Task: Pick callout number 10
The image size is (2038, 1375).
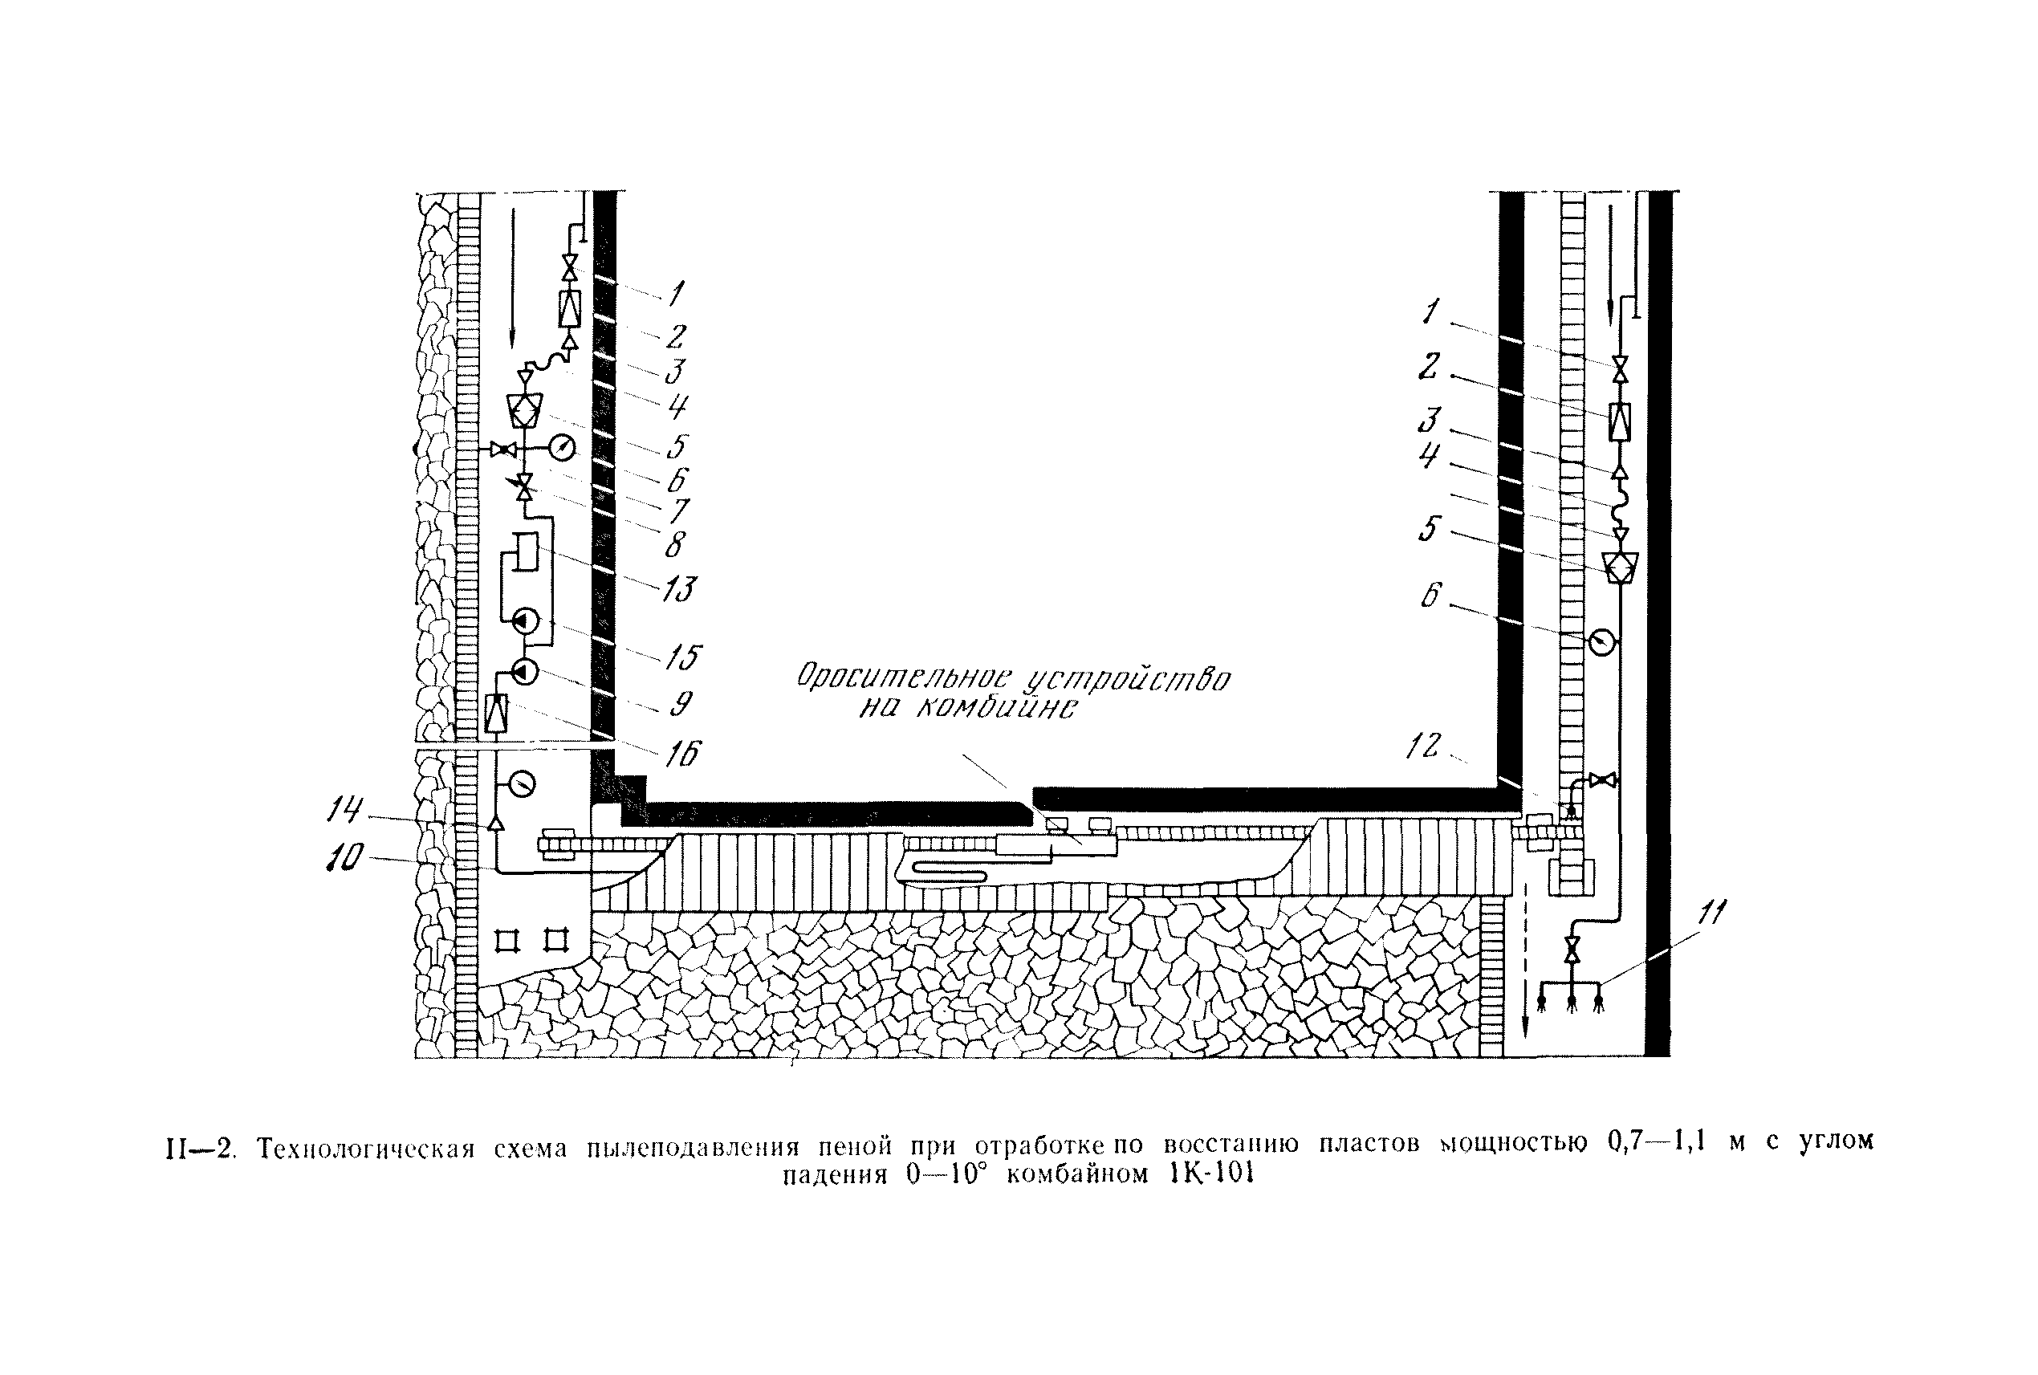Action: pyautogui.click(x=344, y=857)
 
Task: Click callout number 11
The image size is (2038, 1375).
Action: pyautogui.click(x=1710, y=913)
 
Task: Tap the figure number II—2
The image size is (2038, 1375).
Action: pyautogui.click(x=200, y=1148)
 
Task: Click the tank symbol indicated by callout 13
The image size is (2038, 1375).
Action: pyautogui.click(x=524, y=551)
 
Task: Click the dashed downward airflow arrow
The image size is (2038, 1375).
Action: pyautogui.click(x=1527, y=965)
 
